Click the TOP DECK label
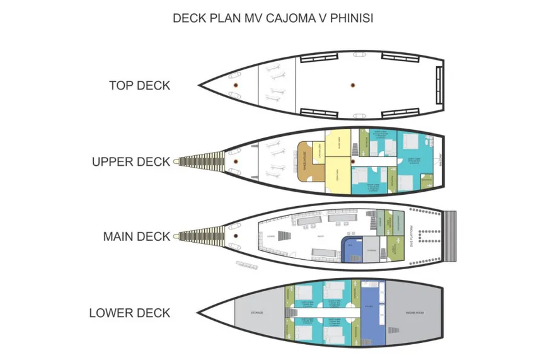(139, 85)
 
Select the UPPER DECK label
(131, 161)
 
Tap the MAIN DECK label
(137, 236)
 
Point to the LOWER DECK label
(130, 313)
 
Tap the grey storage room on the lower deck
(257, 313)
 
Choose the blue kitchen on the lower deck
(373, 313)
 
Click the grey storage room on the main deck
(372, 250)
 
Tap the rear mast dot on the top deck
(352, 85)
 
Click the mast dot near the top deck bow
(234, 85)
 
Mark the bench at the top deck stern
(438, 85)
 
